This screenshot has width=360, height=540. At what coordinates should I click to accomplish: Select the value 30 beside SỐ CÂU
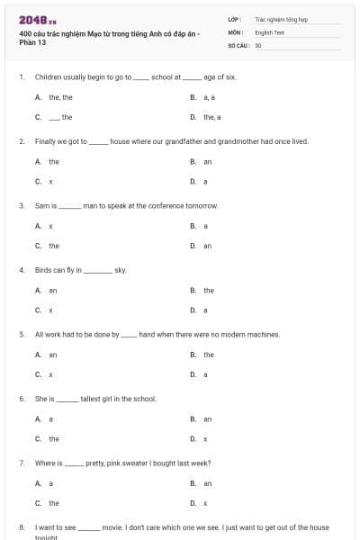[258, 44]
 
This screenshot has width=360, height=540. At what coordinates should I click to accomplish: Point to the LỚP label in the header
[234, 19]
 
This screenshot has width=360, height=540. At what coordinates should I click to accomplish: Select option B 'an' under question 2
[207, 162]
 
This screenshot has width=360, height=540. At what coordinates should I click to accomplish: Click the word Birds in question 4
[45, 270]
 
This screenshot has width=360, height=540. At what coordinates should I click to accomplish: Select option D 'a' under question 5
[205, 374]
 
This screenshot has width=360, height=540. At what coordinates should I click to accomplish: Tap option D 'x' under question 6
[205, 439]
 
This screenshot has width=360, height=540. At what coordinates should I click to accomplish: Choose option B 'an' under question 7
[207, 483]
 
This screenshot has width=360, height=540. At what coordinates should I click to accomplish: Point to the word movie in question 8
[112, 527]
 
